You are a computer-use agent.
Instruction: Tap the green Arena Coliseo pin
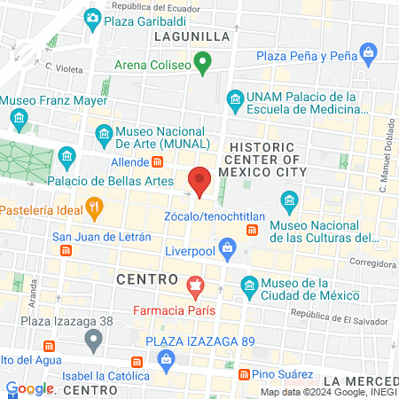pos(203,63)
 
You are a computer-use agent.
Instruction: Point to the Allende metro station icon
pos(158,162)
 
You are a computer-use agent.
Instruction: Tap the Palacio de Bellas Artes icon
pos(66,158)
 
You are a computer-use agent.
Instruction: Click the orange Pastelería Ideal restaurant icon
pos(94,209)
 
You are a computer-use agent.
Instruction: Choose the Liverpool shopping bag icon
pos(227,246)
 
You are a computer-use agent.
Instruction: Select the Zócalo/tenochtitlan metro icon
pos(253,231)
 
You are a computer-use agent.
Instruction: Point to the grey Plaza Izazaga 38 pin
pos(93,339)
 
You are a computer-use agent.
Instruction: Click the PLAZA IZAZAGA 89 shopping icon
pos(165,357)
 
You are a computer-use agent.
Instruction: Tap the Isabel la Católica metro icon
pos(136,362)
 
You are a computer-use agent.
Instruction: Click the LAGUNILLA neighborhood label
pos(192,36)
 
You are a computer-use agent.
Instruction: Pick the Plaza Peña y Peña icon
pos(366,56)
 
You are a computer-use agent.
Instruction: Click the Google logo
pos(30,388)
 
